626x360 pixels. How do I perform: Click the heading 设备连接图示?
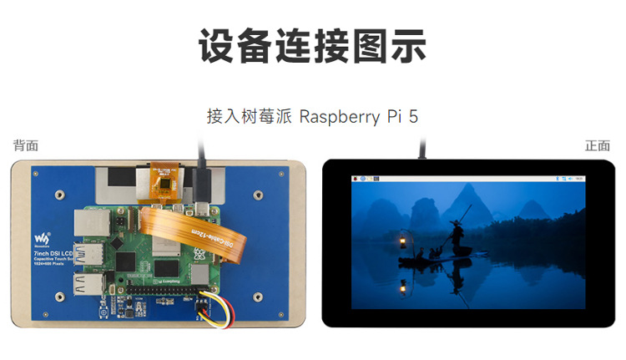(312, 45)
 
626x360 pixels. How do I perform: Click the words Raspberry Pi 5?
(358, 116)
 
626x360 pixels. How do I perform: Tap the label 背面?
(25, 145)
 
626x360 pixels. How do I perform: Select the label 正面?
(598, 145)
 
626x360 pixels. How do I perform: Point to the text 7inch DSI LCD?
(54, 251)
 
